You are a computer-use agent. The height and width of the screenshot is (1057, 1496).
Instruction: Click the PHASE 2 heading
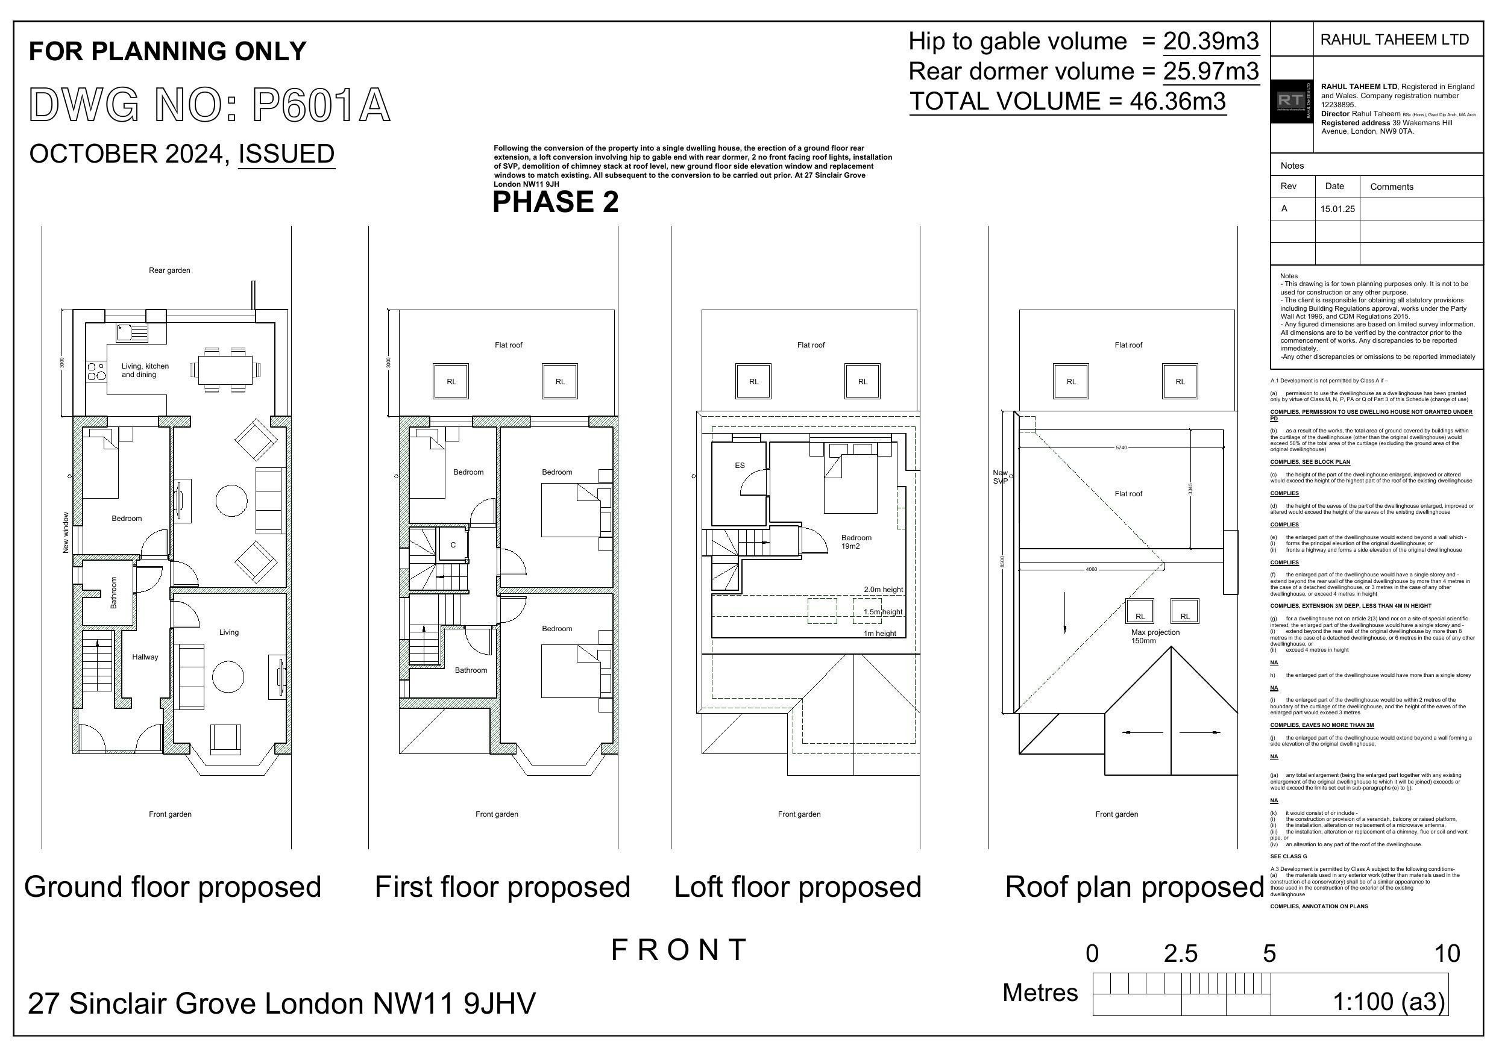555,202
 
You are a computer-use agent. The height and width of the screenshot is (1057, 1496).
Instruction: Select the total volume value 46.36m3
1177,102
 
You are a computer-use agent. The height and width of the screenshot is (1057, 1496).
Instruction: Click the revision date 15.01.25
1337,209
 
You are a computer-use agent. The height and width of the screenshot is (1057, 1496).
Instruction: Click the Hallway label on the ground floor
145,657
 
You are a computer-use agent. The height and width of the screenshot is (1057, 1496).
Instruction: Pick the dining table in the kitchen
225,370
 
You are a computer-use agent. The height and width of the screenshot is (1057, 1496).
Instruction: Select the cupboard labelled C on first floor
453,544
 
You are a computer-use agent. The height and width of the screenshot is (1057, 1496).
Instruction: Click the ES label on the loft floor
740,465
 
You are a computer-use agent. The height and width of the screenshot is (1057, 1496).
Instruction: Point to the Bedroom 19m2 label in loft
855,542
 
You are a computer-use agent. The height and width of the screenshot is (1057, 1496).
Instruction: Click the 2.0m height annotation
883,590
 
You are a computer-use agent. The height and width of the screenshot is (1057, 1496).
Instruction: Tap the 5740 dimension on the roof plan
1120,447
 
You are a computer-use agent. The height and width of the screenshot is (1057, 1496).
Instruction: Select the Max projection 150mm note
1155,636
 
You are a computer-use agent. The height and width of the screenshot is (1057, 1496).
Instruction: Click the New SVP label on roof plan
1000,477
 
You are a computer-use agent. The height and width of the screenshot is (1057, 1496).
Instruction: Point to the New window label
66,533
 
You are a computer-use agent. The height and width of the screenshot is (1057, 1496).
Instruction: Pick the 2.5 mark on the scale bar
1181,953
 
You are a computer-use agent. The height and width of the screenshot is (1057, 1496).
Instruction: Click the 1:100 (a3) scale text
1389,1002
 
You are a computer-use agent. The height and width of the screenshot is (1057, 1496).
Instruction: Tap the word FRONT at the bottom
678,950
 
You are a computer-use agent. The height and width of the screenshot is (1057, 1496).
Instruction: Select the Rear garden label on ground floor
169,270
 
